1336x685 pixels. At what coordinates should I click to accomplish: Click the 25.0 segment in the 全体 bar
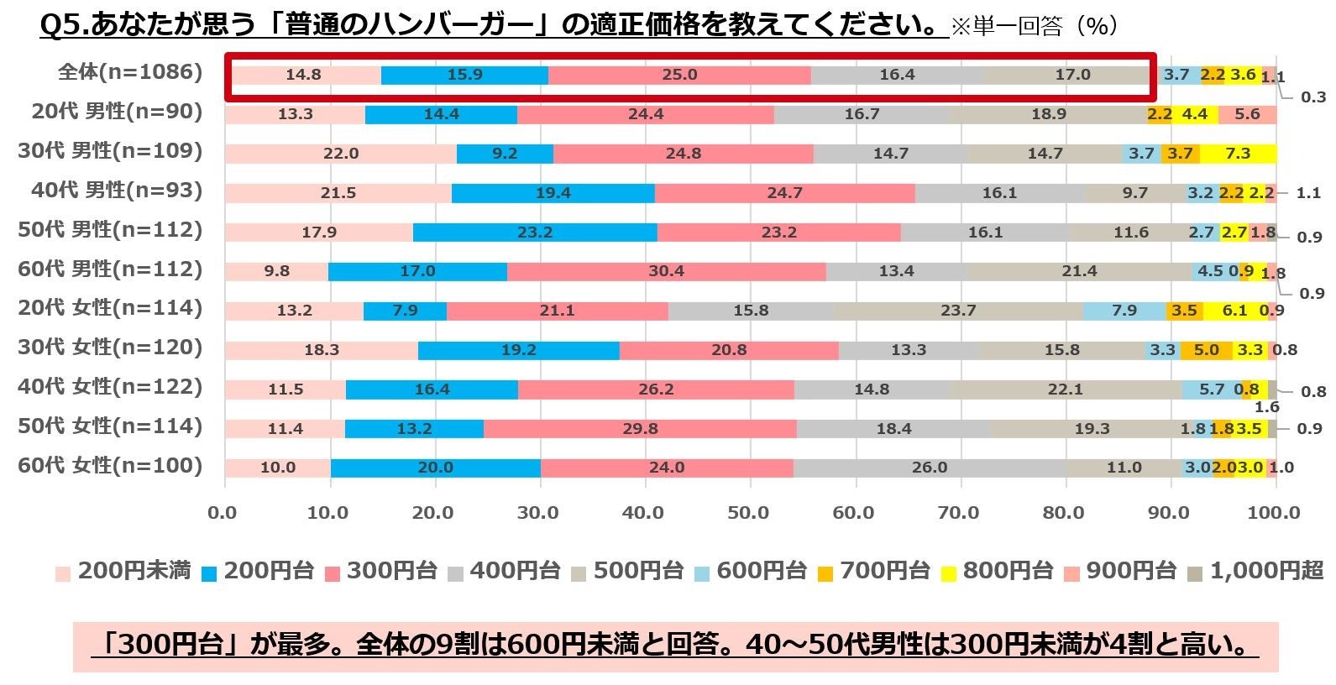click(x=679, y=75)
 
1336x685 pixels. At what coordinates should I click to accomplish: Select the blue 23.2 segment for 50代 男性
click(x=535, y=232)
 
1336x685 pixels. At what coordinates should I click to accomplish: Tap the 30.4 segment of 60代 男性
click(x=666, y=271)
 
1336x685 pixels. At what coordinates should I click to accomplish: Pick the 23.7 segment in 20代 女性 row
click(x=958, y=311)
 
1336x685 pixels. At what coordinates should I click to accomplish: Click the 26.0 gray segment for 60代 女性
click(x=929, y=468)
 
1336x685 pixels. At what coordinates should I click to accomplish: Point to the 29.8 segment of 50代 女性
click(x=640, y=428)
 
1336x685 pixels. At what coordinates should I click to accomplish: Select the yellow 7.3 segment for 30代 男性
click(x=1238, y=154)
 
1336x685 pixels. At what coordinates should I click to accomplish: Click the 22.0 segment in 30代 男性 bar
click(x=340, y=154)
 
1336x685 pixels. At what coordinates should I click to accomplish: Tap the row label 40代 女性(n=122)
click(x=109, y=387)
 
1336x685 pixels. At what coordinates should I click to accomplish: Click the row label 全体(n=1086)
click(x=130, y=72)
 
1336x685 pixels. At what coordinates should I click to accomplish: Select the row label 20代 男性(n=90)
click(x=117, y=112)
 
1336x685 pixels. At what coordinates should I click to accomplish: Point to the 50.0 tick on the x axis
click(x=748, y=513)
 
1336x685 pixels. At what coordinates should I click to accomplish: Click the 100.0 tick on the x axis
click(x=1274, y=513)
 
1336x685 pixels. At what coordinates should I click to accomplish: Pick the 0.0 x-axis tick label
click(x=223, y=513)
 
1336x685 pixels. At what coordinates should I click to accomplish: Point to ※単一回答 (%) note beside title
click(x=1034, y=27)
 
